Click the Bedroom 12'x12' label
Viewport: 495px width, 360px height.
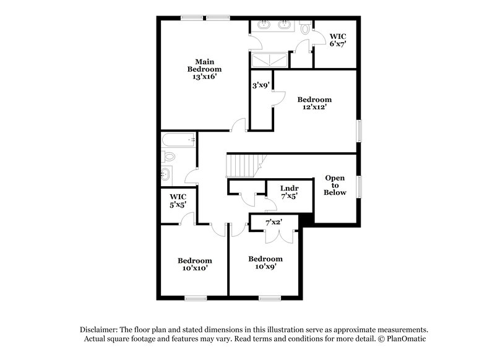(314, 103)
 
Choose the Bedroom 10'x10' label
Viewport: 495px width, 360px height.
(195, 264)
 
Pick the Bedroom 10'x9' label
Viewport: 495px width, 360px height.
(265, 263)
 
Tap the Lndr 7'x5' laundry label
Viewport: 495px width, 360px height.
(290, 192)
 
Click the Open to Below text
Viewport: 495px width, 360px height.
(335, 185)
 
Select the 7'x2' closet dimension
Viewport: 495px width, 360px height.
(273, 221)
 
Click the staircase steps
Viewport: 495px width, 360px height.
(243, 165)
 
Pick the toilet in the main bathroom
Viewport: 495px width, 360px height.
(306, 28)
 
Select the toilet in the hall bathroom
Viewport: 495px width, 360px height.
(170, 156)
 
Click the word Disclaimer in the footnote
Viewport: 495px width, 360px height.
(100, 330)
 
